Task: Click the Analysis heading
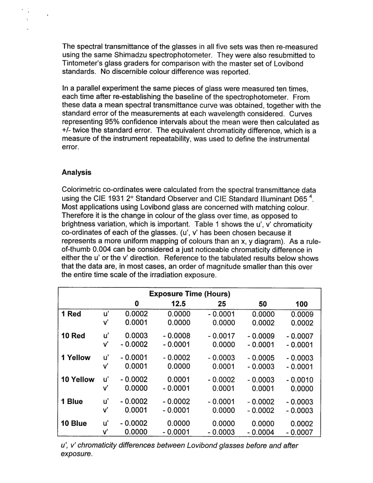(x=77, y=172)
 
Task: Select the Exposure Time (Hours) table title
(x=190, y=294)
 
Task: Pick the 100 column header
(x=301, y=304)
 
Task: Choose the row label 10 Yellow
(x=78, y=380)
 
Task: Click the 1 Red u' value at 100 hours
(x=302, y=314)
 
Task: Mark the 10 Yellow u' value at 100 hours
(x=300, y=380)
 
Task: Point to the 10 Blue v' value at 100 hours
(x=300, y=432)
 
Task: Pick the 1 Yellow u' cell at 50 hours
(x=261, y=358)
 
